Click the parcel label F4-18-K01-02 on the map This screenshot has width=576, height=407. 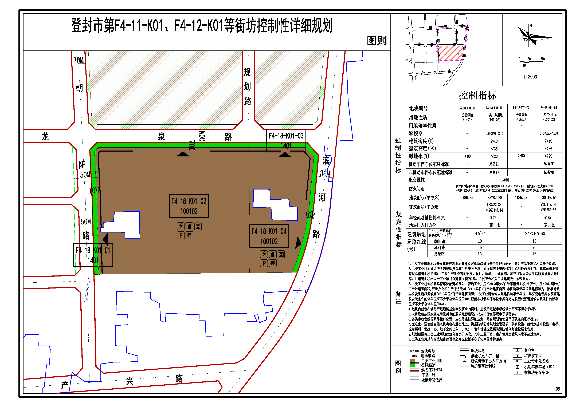pos(189,201)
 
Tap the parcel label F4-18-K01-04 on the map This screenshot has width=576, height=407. pos(269,231)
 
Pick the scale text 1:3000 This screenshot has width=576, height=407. pos(530,77)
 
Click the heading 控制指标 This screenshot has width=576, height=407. pos(478,96)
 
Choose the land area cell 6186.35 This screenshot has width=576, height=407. pos(467,198)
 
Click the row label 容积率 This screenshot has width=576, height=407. pos(416,133)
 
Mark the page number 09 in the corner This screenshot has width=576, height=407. pos(558,389)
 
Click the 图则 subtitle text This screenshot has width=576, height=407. pos(377,41)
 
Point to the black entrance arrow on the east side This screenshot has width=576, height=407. pos(298,243)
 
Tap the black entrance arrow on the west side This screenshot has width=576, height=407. pos(105,239)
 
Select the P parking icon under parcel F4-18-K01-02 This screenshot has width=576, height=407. pos(181,235)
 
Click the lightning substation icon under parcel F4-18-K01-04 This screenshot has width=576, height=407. pos(264,254)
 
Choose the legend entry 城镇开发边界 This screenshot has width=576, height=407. pos(432,380)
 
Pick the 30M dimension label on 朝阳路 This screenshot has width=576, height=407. pos(79,60)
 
